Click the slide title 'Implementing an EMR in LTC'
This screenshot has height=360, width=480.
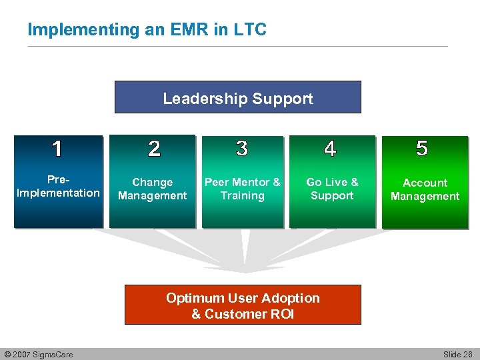pos(147,30)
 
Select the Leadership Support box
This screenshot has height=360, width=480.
pos(238,97)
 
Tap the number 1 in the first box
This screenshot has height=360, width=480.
pos(57,149)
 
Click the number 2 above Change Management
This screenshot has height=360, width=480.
pos(154,149)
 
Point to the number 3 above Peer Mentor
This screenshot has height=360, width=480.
pos(242,148)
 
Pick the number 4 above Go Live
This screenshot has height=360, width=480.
pos(330,149)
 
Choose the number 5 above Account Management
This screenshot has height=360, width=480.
pos(422,148)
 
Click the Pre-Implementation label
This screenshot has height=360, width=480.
pos(58,187)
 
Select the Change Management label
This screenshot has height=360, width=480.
pos(153,189)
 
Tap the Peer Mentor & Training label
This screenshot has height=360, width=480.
pos(243,189)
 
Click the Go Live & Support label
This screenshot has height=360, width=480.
pos(332,189)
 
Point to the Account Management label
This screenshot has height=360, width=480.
pos(425,189)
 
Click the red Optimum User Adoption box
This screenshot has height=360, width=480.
pos(243,305)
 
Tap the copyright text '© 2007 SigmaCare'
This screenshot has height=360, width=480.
pos(39,354)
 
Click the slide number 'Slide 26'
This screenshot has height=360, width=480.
pos(457,354)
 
